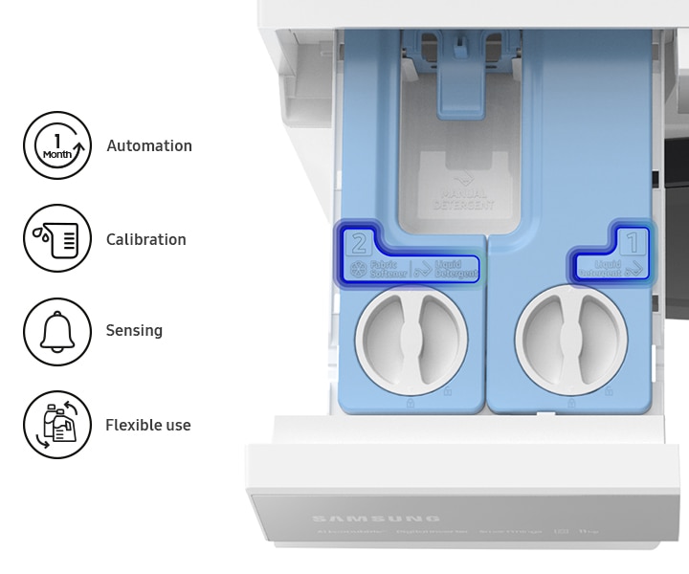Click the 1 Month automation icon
pos(57,145)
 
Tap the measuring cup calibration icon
pos(57,238)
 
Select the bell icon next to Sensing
pos(57,331)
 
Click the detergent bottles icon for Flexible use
pos(57,425)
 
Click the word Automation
pos(149,145)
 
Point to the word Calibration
pos(146,239)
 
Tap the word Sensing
pos(134,330)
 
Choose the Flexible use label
pos(148,425)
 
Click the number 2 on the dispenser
pos(360,242)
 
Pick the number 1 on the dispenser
pos(632,239)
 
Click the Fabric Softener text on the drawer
pos(388,269)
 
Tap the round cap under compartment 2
pos(411,338)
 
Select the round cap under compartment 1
pos(571,338)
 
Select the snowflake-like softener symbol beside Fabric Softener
pos(359,270)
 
